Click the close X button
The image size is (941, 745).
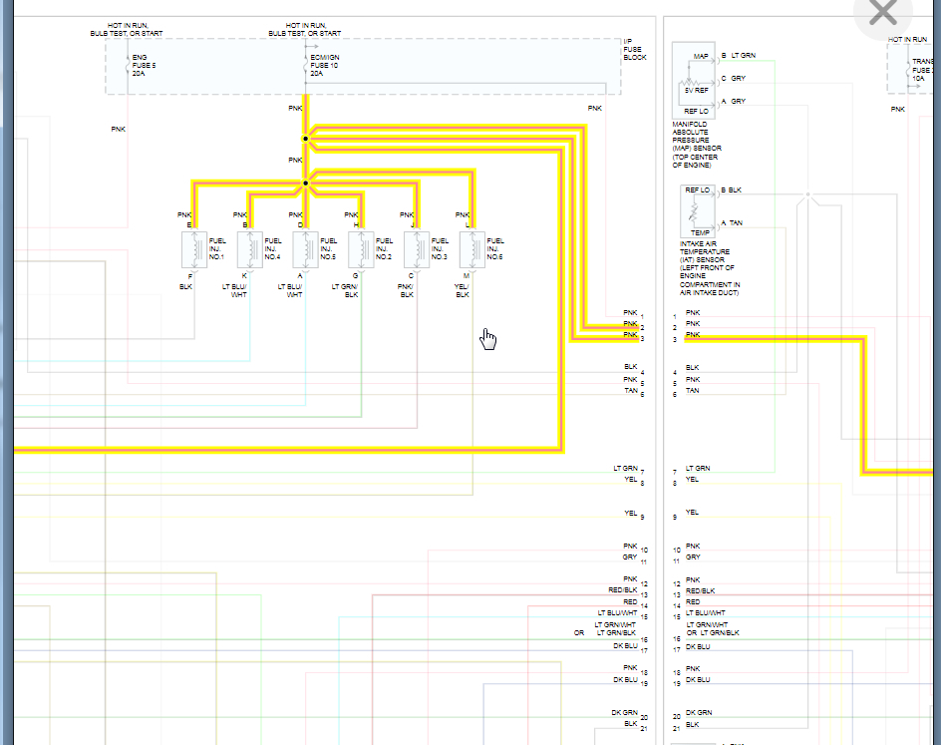(x=883, y=14)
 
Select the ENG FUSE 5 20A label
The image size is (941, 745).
(x=141, y=65)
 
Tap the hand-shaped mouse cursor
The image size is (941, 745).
(x=488, y=339)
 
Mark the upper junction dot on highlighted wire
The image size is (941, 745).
(x=306, y=139)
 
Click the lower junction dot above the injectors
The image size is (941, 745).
(x=306, y=184)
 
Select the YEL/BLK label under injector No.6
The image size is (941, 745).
(x=463, y=290)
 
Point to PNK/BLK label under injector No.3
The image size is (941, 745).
(x=407, y=290)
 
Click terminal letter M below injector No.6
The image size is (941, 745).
(x=467, y=274)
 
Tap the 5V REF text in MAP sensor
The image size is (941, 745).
(x=696, y=90)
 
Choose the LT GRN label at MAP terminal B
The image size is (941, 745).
(x=743, y=56)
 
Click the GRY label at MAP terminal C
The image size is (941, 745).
(x=739, y=78)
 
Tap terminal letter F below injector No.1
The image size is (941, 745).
(x=188, y=274)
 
